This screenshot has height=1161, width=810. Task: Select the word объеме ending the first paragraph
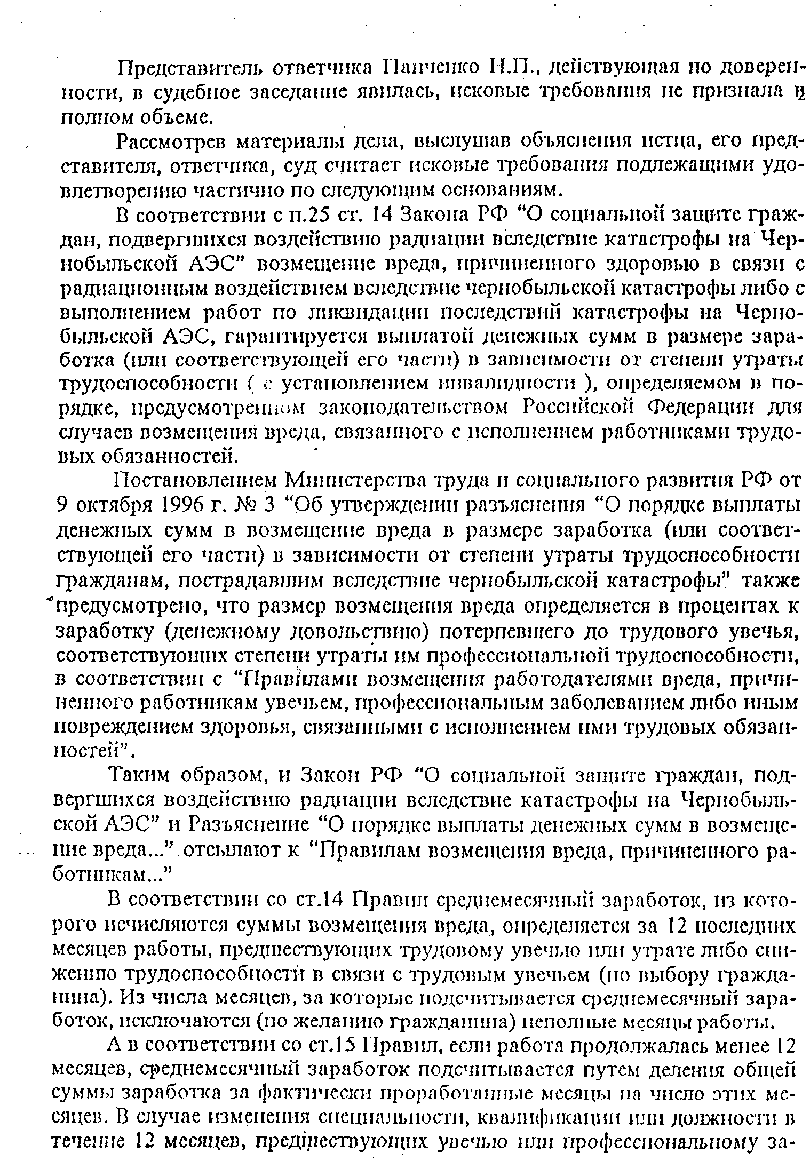(172, 116)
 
